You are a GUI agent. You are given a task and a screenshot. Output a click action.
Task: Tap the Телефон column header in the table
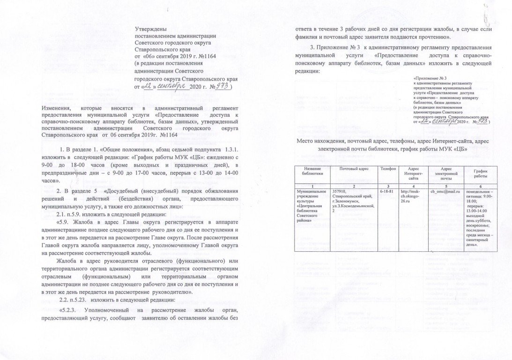pos(388,168)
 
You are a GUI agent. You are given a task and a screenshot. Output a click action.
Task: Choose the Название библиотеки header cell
pos(312,171)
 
